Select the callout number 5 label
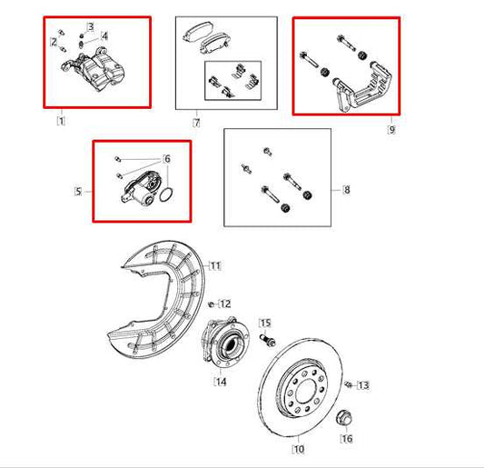78,192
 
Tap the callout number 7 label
195,121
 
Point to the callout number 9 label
391,130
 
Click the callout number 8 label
346,190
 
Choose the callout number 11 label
215,265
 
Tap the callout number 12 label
225,304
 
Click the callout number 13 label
363,385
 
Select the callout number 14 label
221,382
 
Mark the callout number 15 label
265,323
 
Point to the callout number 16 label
346,439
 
